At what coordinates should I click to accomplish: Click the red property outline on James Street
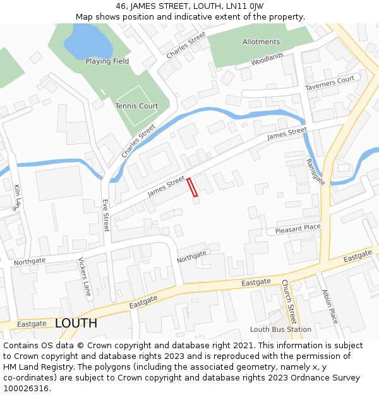tap(192, 187)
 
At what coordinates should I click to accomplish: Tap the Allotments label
tap(261, 42)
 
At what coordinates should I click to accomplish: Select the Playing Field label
tap(107, 61)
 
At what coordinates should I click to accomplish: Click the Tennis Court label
tap(136, 106)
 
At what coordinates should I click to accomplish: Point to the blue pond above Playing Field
tap(88, 41)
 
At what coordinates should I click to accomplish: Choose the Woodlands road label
tap(267, 60)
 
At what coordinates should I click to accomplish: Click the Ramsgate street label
tap(315, 171)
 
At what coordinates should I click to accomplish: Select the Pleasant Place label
tap(298, 228)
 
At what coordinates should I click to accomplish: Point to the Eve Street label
tap(105, 216)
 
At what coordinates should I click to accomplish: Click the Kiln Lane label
tap(18, 197)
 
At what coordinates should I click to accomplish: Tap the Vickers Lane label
tap(84, 277)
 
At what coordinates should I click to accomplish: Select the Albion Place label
tap(330, 307)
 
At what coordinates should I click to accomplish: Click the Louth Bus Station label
tap(280, 329)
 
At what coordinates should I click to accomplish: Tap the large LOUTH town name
tap(76, 323)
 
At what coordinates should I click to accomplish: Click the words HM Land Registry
tap(35, 367)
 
